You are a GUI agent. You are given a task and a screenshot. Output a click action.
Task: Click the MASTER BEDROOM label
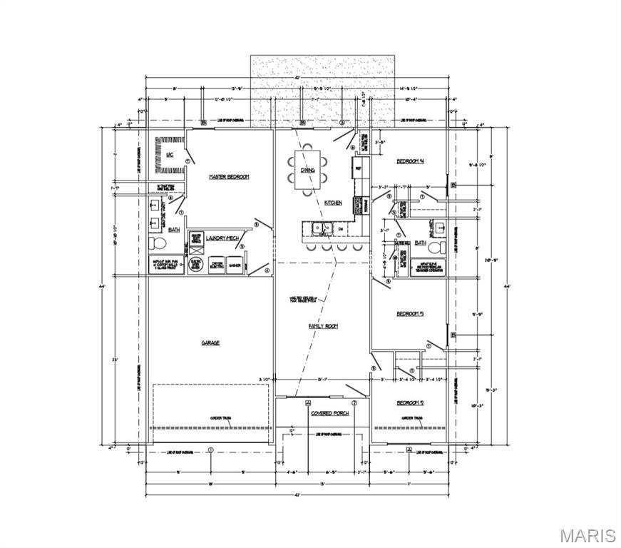228,176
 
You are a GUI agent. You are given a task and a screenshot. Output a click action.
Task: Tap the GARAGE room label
210,343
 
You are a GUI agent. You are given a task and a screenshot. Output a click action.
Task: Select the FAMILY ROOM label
322,326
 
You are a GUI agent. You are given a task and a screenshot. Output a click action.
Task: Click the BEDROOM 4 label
410,161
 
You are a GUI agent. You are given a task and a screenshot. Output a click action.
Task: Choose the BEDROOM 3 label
410,313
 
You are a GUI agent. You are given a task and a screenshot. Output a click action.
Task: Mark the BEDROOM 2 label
410,403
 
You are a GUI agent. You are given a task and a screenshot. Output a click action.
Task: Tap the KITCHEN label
333,203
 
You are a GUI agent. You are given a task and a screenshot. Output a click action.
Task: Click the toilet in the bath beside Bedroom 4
440,248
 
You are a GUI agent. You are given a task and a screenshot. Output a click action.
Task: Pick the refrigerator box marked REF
359,169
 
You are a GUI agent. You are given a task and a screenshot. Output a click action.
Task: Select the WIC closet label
170,154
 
